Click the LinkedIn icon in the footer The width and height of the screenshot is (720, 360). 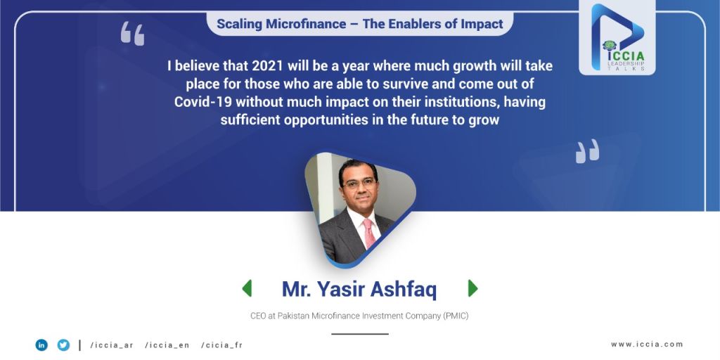(x=41, y=345)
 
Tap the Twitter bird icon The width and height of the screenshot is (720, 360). (x=63, y=345)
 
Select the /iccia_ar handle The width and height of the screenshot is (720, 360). (x=112, y=345)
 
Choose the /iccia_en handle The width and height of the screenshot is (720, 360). (x=167, y=345)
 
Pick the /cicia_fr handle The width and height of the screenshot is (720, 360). (x=221, y=345)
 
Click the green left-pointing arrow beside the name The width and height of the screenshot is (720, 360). (x=247, y=288)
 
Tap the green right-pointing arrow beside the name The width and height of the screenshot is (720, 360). (x=473, y=288)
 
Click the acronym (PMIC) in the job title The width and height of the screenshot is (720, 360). (x=456, y=316)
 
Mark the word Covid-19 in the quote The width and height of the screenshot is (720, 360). (x=203, y=101)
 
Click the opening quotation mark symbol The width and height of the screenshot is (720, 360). (x=132, y=34)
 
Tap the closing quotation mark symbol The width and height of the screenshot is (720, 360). (x=587, y=151)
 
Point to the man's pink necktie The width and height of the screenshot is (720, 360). (x=368, y=232)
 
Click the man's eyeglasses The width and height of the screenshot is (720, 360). (x=359, y=184)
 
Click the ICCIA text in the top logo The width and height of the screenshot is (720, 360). (x=626, y=56)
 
